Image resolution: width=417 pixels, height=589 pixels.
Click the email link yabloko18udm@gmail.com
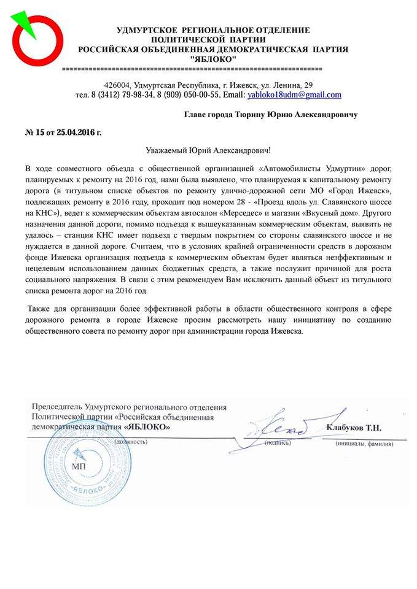point(294,96)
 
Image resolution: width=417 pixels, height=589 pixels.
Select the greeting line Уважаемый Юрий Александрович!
point(208,149)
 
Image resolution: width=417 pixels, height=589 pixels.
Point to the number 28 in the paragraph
point(244,201)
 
